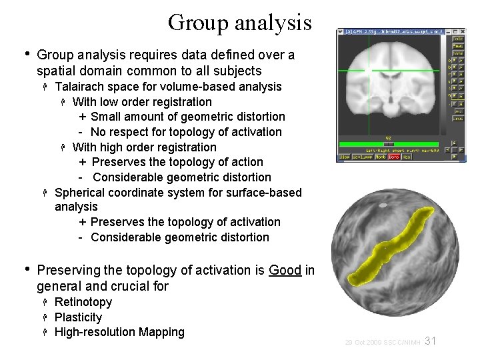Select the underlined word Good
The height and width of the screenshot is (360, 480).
tap(285, 271)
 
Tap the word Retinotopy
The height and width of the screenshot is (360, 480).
tap(83, 302)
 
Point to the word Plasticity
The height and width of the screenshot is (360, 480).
tap(79, 317)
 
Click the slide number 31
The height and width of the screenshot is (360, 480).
tap(430, 341)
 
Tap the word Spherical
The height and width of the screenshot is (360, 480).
tap(81, 193)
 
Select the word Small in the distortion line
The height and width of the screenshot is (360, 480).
tap(107, 117)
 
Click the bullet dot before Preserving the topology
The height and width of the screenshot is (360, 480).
tap(27, 270)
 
